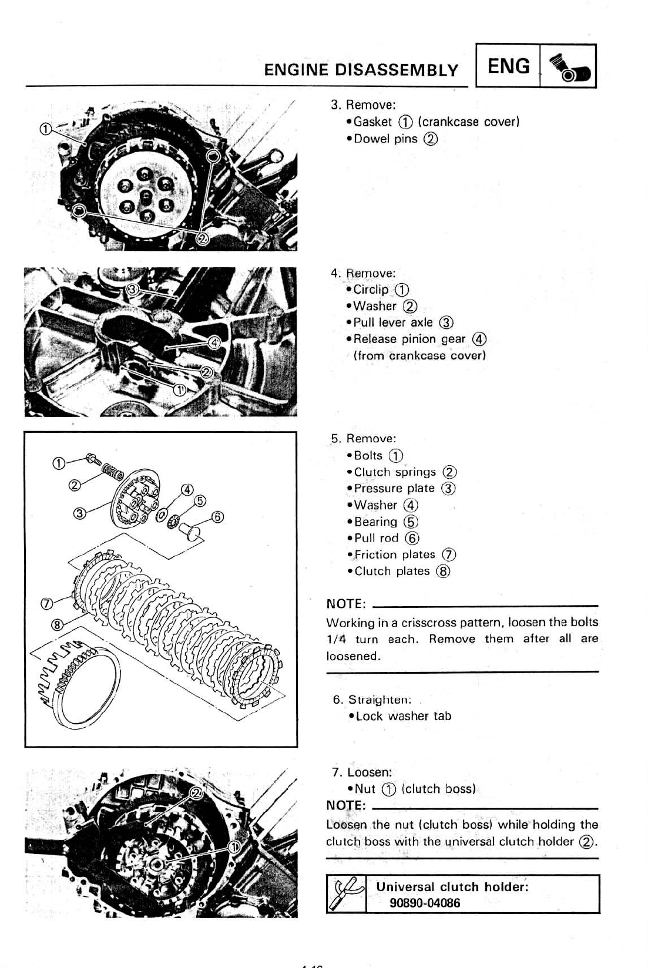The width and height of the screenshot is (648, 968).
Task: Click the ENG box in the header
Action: [508, 66]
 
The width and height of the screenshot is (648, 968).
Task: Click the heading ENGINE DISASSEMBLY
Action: [361, 70]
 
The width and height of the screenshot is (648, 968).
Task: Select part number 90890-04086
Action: [425, 903]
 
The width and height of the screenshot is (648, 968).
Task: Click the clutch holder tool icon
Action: [347, 893]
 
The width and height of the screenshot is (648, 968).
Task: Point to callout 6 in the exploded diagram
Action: [217, 517]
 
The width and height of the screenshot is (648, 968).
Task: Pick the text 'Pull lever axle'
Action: [393, 322]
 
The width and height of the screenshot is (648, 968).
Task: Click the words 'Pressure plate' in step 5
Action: [394, 489]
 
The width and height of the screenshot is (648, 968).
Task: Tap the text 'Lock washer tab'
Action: [404, 716]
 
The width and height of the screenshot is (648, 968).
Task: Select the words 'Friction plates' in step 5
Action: [394, 554]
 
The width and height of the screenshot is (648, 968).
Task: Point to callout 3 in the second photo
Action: [133, 289]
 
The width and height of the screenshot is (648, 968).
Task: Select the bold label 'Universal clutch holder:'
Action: [452, 887]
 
